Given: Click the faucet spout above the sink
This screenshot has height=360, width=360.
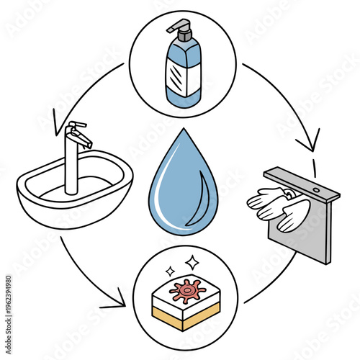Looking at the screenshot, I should pyautogui.click(x=81, y=138).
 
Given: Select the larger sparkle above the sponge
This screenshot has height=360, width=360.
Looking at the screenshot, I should pyautogui.click(x=192, y=261).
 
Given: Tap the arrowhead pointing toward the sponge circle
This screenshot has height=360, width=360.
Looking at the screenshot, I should pyautogui.click(x=117, y=300).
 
